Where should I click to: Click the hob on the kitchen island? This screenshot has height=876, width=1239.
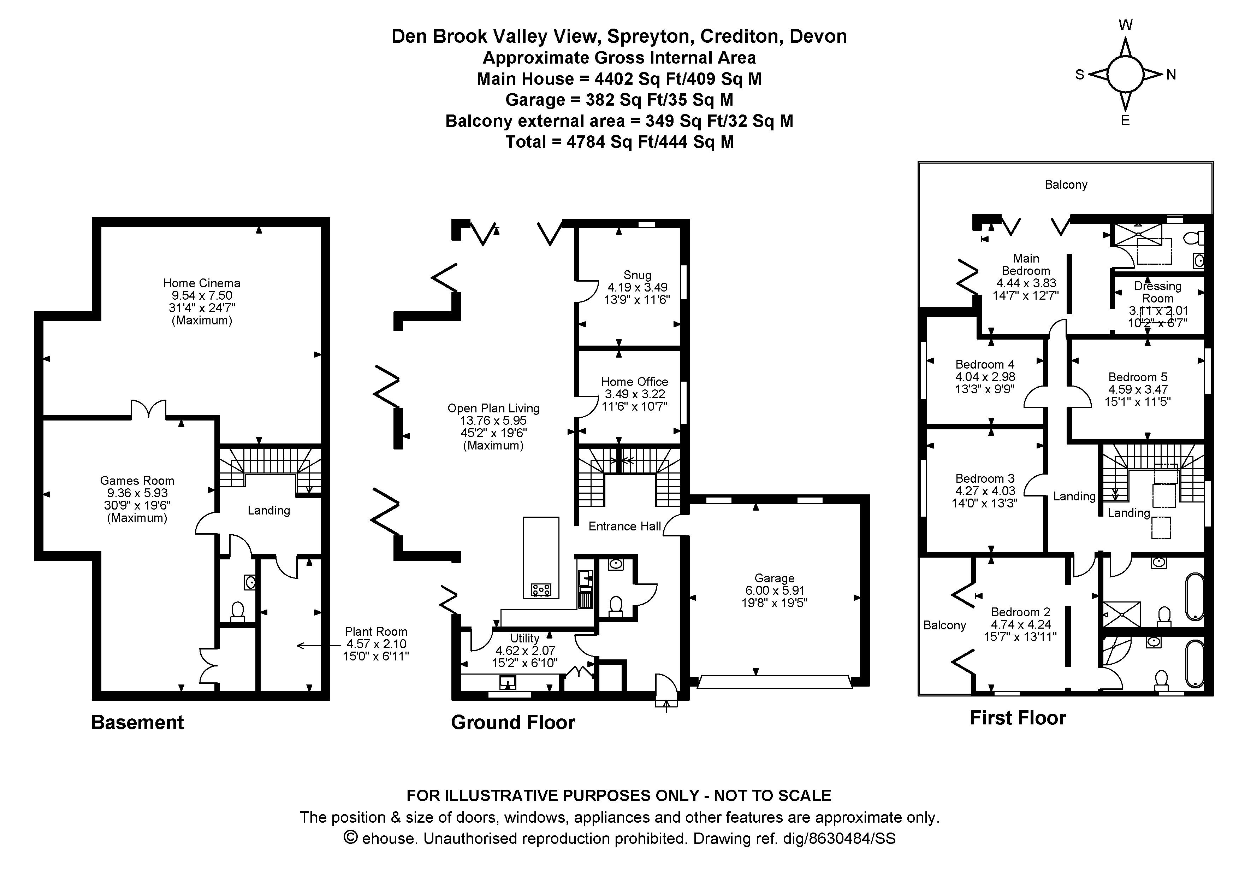click(x=541, y=589)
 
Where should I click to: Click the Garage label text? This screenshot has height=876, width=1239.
click(x=774, y=578)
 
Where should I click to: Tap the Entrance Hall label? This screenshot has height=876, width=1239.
click(x=625, y=526)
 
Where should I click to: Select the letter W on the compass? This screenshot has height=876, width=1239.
click(x=1125, y=25)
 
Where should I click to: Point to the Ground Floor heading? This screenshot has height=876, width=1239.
click(x=513, y=723)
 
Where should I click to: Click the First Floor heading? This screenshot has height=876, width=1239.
click(x=1018, y=718)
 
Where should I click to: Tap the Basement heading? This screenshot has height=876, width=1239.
click(x=138, y=723)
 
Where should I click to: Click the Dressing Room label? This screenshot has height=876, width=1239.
click(x=1157, y=292)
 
